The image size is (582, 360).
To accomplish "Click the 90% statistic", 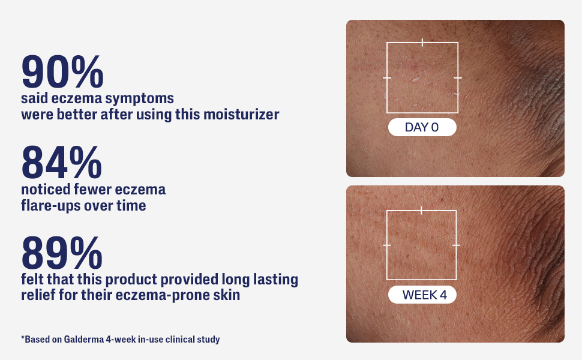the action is [x=62, y=71].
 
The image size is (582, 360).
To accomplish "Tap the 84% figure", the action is [x=62, y=162].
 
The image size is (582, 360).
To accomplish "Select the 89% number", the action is [x=62, y=253].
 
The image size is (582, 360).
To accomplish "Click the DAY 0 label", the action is [x=422, y=127].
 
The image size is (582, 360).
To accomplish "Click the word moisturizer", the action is [x=241, y=115].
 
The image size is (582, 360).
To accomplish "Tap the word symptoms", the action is [x=139, y=99].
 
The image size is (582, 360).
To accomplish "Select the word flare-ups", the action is [x=52, y=206].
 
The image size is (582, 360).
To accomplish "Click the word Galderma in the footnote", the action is [x=83, y=339].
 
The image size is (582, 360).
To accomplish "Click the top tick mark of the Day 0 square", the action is [x=422, y=43].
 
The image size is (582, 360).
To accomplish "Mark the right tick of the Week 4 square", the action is [x=456, y=245].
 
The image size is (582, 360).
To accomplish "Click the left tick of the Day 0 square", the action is [x=387, y=78].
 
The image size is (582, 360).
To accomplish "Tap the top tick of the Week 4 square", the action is [x=421, y=211].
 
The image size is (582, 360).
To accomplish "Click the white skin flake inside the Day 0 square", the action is [x=416, y=79].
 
